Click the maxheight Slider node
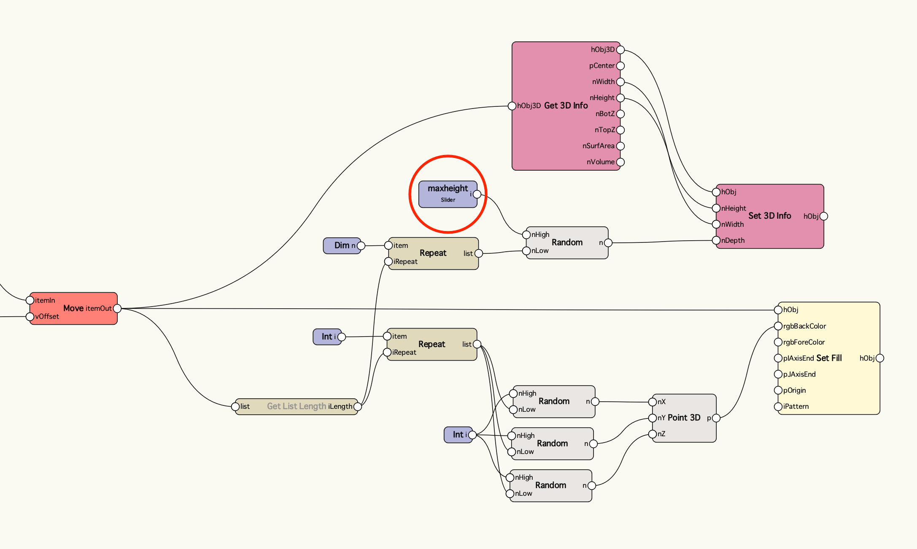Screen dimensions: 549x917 (x=447, y=194)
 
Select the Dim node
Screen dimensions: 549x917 (x=342, y=245)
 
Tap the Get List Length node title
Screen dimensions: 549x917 (x=296, y=406)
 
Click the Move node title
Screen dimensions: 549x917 (x=73, y=308)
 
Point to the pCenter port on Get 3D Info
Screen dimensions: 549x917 (x=620, y=66)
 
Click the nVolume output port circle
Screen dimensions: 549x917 (x=620, y=162)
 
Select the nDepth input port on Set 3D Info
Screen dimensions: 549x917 (x=716, y=240)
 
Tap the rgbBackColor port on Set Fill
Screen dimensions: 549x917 (x=778, y=326)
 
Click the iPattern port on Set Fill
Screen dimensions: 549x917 (x=778, y=406)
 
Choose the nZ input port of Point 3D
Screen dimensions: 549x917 (x=652, y=434)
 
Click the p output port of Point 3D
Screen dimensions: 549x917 (x=716, y=418)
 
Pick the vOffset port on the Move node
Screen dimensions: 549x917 (x=30, y=316)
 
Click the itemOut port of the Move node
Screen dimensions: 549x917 (x=117, y=309)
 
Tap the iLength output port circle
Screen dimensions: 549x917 (x=358, y=406)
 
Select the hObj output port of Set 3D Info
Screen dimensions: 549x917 (x=823, y=216)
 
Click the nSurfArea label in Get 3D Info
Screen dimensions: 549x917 (x=598, y=146)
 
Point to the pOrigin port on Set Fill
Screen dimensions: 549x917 (x=778, y=390)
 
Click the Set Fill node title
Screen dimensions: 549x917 (x=829, y=358)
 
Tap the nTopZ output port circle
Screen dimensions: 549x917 (x=620, y=130)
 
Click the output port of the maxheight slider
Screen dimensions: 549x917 (x=477, y=194)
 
